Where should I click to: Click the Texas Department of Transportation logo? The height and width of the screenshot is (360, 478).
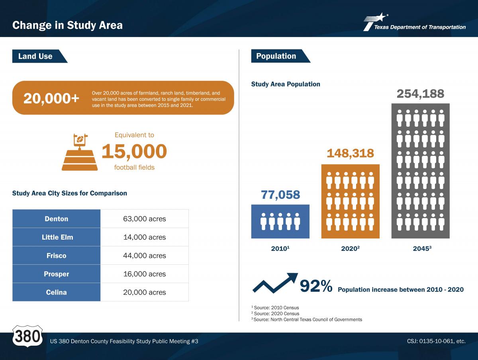coord(415,22)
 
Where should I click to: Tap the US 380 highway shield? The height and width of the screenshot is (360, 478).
coord(27,336)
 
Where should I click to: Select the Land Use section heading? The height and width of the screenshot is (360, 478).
coord(35,56)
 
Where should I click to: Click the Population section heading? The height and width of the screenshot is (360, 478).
coord(276,56)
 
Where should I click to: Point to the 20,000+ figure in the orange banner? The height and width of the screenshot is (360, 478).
coord(51,98)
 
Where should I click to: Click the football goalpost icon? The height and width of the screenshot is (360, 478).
coord(80,152)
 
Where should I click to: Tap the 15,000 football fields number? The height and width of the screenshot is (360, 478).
coord(134,151)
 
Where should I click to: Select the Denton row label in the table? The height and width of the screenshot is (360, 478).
coord(57,219)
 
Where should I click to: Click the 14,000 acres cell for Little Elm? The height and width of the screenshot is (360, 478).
coord(145,237)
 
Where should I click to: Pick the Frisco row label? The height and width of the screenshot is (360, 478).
coord(57,256)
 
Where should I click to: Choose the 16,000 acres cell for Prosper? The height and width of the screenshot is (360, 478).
coord(145,274)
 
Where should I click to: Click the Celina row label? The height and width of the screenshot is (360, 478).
coord(57,292)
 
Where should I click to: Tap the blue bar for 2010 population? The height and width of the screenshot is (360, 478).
coord(280,221)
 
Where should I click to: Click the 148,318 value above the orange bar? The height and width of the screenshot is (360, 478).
coord(351,153)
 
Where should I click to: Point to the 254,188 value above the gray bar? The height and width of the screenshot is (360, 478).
coord(421,94)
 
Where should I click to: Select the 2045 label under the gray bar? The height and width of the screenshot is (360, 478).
coord(422,248)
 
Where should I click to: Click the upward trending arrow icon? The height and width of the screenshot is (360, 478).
coord(275,283)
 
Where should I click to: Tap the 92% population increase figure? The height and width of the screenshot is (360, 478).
coord(316,286)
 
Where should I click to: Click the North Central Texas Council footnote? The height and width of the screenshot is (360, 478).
coord(307,319)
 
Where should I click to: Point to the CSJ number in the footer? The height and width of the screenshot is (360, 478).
coord(437,341)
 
